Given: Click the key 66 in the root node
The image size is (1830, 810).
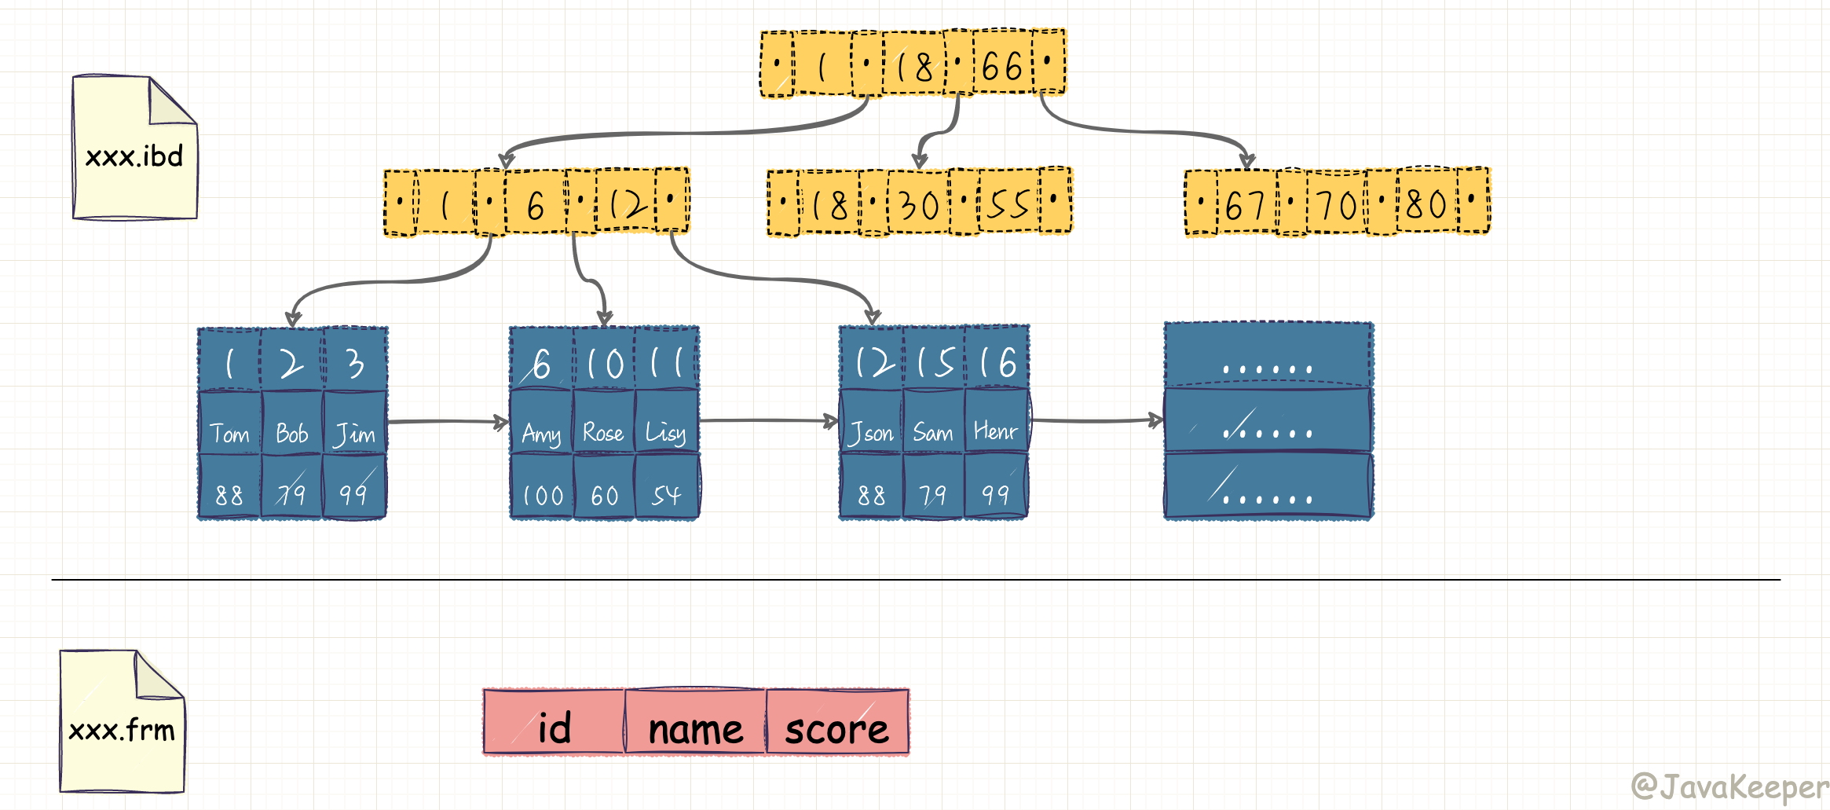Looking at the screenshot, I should (x=1002, y=67).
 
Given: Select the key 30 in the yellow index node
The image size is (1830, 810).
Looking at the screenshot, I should (x=918, y=206).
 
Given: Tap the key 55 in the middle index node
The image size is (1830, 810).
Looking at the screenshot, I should (x=1008, y=204).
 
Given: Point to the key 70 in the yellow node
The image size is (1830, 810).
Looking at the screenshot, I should (x=1336, y=206).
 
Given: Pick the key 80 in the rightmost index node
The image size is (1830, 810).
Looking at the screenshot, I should (x=1426, y=204).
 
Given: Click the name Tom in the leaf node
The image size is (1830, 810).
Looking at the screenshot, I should (x=229, y=434).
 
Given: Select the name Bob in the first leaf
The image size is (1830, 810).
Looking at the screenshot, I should (x=291, y=434).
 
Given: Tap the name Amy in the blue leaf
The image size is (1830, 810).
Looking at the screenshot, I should (x=541, y=434).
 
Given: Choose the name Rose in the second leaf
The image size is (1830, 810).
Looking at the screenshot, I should (x=603, y=433).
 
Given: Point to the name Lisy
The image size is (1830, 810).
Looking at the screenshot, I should (x=666, y=433).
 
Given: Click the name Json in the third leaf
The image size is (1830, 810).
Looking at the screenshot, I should (x=871, y=433).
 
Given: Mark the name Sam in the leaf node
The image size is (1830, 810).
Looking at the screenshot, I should (x=933, y=433).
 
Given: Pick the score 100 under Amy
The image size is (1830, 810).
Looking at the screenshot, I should (x=543, y=496).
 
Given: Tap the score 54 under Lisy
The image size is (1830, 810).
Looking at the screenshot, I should (x=666, y=496).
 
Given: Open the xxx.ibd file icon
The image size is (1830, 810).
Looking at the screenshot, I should (x=134, y=148).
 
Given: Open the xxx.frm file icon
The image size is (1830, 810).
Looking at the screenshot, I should (x=123, y=721).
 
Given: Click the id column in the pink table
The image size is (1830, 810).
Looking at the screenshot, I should (x=554, y=728).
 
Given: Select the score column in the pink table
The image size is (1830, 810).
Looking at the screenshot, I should (x=837, y=729).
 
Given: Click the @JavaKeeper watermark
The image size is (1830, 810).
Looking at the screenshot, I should (x=1729, y=786).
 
